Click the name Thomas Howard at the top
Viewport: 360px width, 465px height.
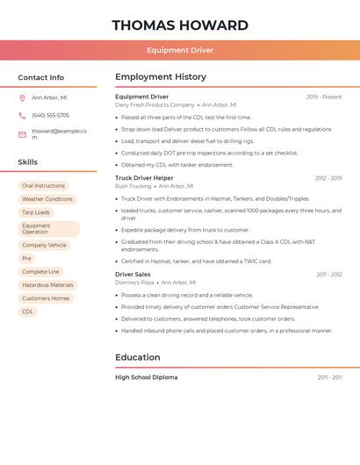[x=180, y=25]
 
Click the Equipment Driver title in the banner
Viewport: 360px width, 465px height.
[x=180, y=50]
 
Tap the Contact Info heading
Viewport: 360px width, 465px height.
[x=41, y=77]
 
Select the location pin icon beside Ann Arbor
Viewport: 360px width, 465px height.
[x=22, y=97]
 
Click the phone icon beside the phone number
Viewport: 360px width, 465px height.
[x=22, y=115]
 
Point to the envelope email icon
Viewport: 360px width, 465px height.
[x=22, y=134]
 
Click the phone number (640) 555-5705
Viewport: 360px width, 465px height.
[x=50, y=115]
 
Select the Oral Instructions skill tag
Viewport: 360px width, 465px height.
[x=43, y=186]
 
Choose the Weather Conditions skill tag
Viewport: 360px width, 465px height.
[x=47, y=199]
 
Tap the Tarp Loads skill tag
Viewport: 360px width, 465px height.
[x=36, y=212]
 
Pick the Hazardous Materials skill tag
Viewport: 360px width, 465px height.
[x=47, y=285]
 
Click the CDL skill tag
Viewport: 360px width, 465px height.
[x=27, y=311]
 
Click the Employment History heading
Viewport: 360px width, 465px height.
[x=161, y=77]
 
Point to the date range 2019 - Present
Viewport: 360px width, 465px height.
[x=324, y=97]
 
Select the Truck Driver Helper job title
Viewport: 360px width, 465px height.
[x=144, y=178]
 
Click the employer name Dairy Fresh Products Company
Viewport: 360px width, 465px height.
[x=155, y=104]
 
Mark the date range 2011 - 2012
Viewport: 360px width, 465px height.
[x=329, y=275]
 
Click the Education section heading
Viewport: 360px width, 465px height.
[x=138, y=358]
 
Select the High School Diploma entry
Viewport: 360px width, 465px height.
[x=146, y=377]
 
